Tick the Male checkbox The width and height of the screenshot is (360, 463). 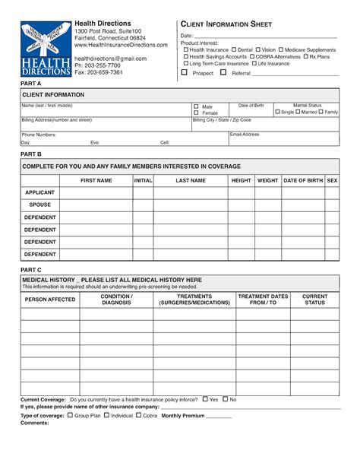[196, 106]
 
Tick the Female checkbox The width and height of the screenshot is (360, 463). [196, 113]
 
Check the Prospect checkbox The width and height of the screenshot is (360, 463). [184, 73]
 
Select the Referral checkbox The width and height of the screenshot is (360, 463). [225, 73]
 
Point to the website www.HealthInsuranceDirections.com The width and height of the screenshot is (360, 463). [121, 46]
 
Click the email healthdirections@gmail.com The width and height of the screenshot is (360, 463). [110, 59]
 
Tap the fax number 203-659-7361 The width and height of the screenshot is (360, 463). [98, 72]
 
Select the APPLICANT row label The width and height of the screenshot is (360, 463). [39, 193]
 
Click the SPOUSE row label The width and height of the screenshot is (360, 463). [39, 205]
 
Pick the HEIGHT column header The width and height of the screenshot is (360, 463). [241, 181]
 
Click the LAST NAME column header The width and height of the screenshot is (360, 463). [191, 181]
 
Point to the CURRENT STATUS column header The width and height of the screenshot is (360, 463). [315, 300]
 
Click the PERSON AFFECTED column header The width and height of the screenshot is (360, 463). [50, 300]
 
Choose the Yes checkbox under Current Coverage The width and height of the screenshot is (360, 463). [204, 399]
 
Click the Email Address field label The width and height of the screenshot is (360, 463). [245, 134]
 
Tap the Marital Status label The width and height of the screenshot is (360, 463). [307, 105]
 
